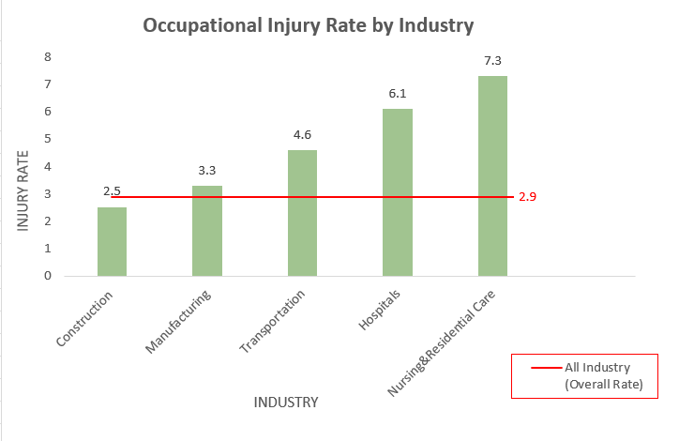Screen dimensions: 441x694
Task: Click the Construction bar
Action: click(112, 242)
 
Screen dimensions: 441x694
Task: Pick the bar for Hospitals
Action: click(398, 192)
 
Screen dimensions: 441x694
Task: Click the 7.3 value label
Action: click(492, 61)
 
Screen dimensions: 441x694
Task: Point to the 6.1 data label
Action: click(398, 94)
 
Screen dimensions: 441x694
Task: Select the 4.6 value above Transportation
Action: click(302, 135)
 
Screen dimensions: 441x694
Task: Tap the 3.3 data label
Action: click(207, 171)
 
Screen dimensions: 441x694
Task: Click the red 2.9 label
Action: click(527, 197)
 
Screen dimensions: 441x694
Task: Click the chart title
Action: click(308, 25)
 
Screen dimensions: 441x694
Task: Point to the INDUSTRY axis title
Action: click(286, 403)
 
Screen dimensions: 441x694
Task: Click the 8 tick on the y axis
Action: click(47, 57)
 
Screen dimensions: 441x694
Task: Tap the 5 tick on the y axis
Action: click(47, 139)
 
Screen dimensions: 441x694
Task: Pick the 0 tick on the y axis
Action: click(47, 276)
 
